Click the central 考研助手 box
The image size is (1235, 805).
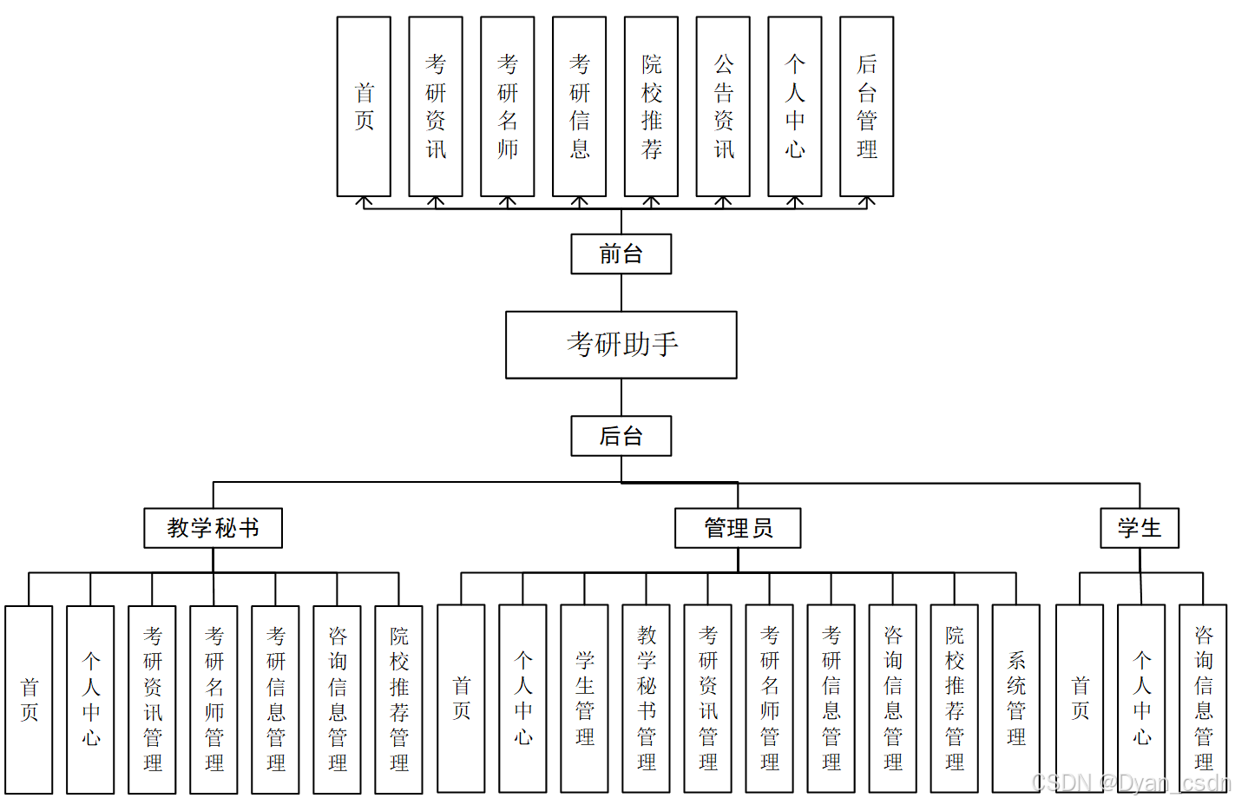click(621, 345)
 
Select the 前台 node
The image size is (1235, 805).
click(621, 254)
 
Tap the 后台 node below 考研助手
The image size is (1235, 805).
click(621, 436)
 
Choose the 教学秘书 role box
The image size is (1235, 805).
click(213, 528)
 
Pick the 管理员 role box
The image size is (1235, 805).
click(738, 528)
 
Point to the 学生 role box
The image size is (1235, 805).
click(1140, 528)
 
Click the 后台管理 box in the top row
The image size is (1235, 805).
click(866, 106)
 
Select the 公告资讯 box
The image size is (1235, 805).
click(723, 106)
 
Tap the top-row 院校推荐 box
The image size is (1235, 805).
click(651, 106)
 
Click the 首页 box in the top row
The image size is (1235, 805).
click(364, 106)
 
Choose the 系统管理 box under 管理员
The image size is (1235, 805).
click(1016, 699)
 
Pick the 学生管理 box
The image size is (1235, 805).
click(585, 699)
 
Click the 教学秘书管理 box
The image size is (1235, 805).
click(647, 699)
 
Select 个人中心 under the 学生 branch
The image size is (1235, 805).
click(1141, 699)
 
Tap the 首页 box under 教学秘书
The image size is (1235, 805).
click(29, 700)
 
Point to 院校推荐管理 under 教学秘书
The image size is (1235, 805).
click(398, 700)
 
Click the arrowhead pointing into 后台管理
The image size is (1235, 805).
click(866, 201)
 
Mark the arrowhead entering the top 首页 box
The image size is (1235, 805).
click(364, 201)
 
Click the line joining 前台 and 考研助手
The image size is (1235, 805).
click(621, 293)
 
